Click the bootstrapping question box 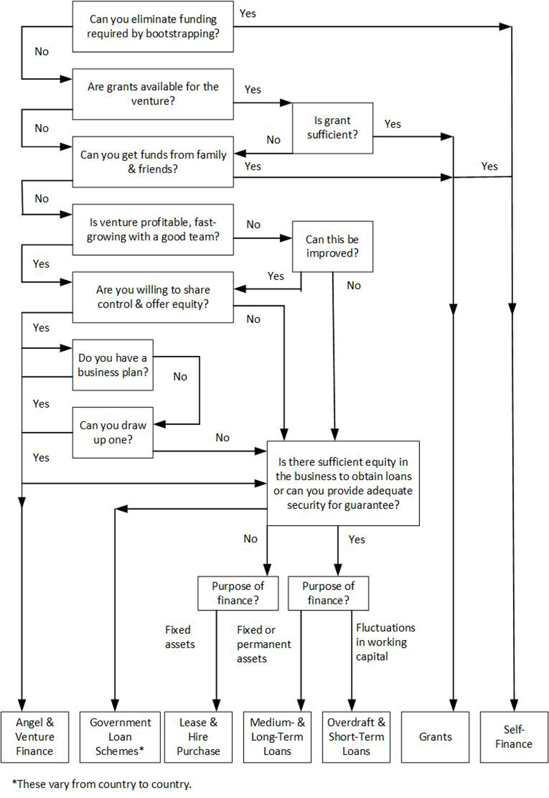point(153,27)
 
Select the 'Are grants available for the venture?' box point(153,95)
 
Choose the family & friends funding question point(153,162)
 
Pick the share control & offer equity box point(153,297)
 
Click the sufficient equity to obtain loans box point(333,483)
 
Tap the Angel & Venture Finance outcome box point(35,737)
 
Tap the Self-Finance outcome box point(512,737)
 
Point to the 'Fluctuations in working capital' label point(385,642)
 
